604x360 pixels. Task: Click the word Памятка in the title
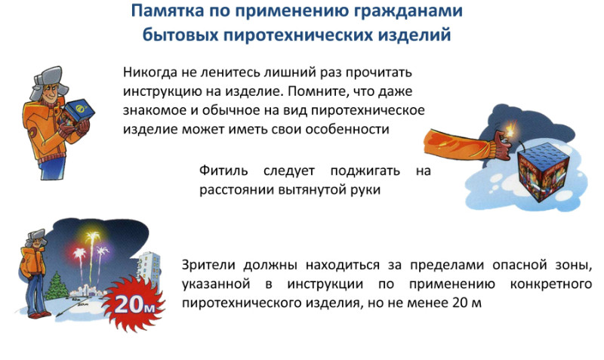click(x=168, y=11)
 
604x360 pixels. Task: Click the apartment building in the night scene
click(x=149, y=269)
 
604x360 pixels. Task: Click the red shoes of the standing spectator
click(x=40, y=315)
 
